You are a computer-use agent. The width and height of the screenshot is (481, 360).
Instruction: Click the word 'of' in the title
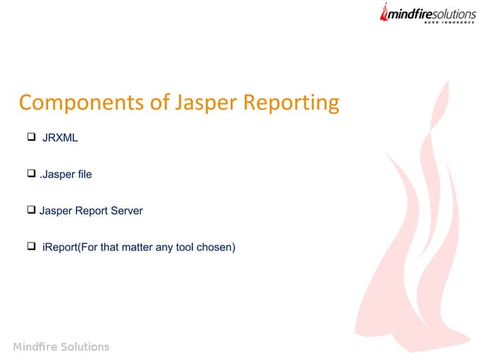160,103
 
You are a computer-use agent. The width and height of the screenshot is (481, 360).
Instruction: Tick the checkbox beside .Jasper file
32,174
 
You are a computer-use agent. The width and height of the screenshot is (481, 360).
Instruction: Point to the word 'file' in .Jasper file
84,174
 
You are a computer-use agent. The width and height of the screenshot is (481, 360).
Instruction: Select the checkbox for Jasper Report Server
32,210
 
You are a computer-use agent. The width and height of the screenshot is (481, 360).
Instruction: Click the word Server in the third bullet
126,211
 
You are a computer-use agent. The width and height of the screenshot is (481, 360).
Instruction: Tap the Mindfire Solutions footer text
61,346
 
